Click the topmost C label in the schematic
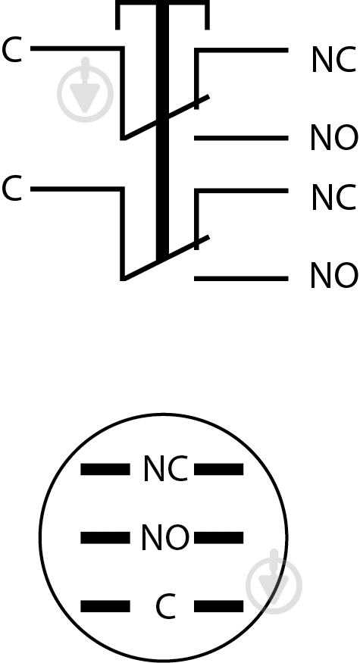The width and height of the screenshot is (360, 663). (x=11, y=50)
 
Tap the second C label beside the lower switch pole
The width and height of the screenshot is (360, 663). (x=11, y=189)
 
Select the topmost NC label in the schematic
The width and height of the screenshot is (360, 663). (x=333, y=60)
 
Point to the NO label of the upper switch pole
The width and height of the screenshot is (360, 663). (x=334, y=137)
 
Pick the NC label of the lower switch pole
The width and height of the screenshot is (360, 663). (x=333, y=197)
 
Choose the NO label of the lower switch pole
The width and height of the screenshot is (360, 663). (x=334, y=275)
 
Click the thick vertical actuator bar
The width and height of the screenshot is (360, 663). (x=162, y=131)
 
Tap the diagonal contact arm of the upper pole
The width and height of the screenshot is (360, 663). (x=166, y=117)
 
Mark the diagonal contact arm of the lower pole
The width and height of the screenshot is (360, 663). (x=166, y=258)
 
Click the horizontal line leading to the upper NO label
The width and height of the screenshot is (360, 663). (x=241, y=138)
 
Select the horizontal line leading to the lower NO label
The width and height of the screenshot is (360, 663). (x=241, y=278)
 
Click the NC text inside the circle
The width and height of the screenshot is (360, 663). (x=165, y=468)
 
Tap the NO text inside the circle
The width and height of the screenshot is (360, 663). (x=165, y=537)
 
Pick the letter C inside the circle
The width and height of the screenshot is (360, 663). (x=165, y=606)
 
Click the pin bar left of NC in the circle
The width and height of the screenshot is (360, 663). (x=105, y=469)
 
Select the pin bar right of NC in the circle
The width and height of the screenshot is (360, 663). (x=219, y=469)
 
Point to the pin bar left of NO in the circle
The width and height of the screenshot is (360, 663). (x=105, y=538)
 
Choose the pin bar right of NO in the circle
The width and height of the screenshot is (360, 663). (x=219, y=538)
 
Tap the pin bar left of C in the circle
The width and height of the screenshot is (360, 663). (x=105, y=606)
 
